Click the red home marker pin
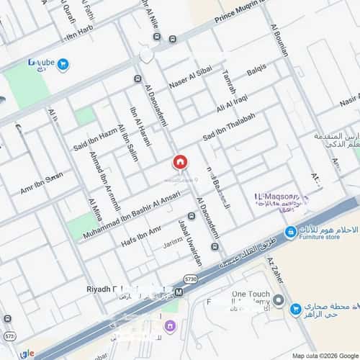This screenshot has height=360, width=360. (x=179, y=162)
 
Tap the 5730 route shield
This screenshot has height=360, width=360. (x=190, y=278)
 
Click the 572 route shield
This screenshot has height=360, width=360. (x=9, y=336)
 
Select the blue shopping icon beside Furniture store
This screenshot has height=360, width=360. (x=290, y=231)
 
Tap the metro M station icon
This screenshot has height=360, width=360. (x=178, y=293)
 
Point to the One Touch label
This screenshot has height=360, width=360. (x=251, y=294)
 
